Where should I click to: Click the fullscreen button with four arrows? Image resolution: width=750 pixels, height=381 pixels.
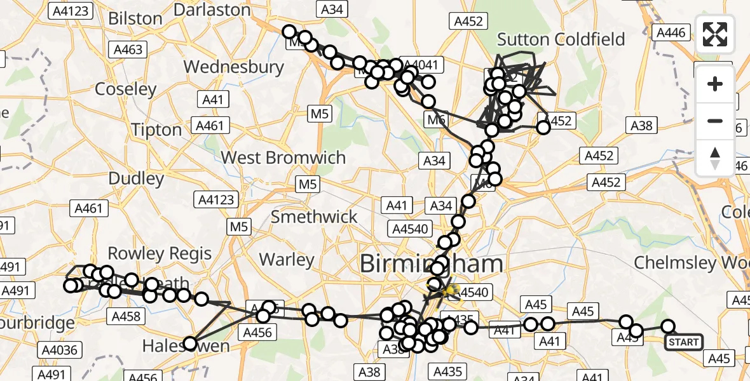(715, 34)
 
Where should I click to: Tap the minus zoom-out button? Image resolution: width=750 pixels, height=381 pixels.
(715, 121)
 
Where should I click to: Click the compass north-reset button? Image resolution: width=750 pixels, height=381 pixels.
(715, 157)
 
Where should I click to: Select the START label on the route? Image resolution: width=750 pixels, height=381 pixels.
(684, 342)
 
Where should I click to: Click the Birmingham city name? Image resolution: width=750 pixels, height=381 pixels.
(432, 264)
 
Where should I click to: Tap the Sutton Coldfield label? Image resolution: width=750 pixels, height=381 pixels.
(561, 39)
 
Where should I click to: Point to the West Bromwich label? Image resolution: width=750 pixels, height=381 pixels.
(283, 157)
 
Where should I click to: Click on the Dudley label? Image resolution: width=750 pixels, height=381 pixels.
(137, 178)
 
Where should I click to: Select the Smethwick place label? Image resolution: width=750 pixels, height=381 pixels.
(315, 217)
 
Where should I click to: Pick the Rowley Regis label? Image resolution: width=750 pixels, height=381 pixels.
(160, 253)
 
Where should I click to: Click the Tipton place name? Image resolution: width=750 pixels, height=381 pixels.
(156, 130)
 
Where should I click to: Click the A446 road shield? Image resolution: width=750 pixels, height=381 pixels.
(671, 33)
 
